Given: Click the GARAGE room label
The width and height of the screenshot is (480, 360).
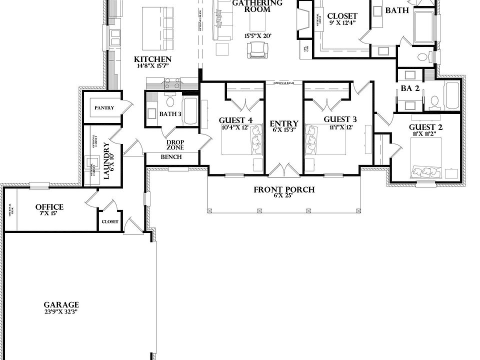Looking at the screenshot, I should (61, 304).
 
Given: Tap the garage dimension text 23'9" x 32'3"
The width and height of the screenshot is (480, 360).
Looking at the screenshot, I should (61, 311).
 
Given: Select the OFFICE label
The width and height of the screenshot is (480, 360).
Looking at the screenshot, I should (49, 207).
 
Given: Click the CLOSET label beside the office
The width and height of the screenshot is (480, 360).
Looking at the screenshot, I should (110, 221).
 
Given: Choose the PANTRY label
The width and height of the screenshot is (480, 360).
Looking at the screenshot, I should (104, 108).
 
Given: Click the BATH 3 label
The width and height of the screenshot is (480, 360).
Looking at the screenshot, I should (170, 114).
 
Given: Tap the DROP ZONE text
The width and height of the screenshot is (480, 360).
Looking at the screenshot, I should (175, 145).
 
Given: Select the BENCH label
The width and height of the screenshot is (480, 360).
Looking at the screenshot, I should (171, 157).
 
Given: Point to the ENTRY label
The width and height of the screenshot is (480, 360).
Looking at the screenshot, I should (284, 124).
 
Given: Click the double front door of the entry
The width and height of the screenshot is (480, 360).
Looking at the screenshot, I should (284, 170).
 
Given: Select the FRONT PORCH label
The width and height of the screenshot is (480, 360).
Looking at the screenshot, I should (284, 189).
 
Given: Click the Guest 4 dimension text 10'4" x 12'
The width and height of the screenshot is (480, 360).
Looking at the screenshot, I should (235, 127).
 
